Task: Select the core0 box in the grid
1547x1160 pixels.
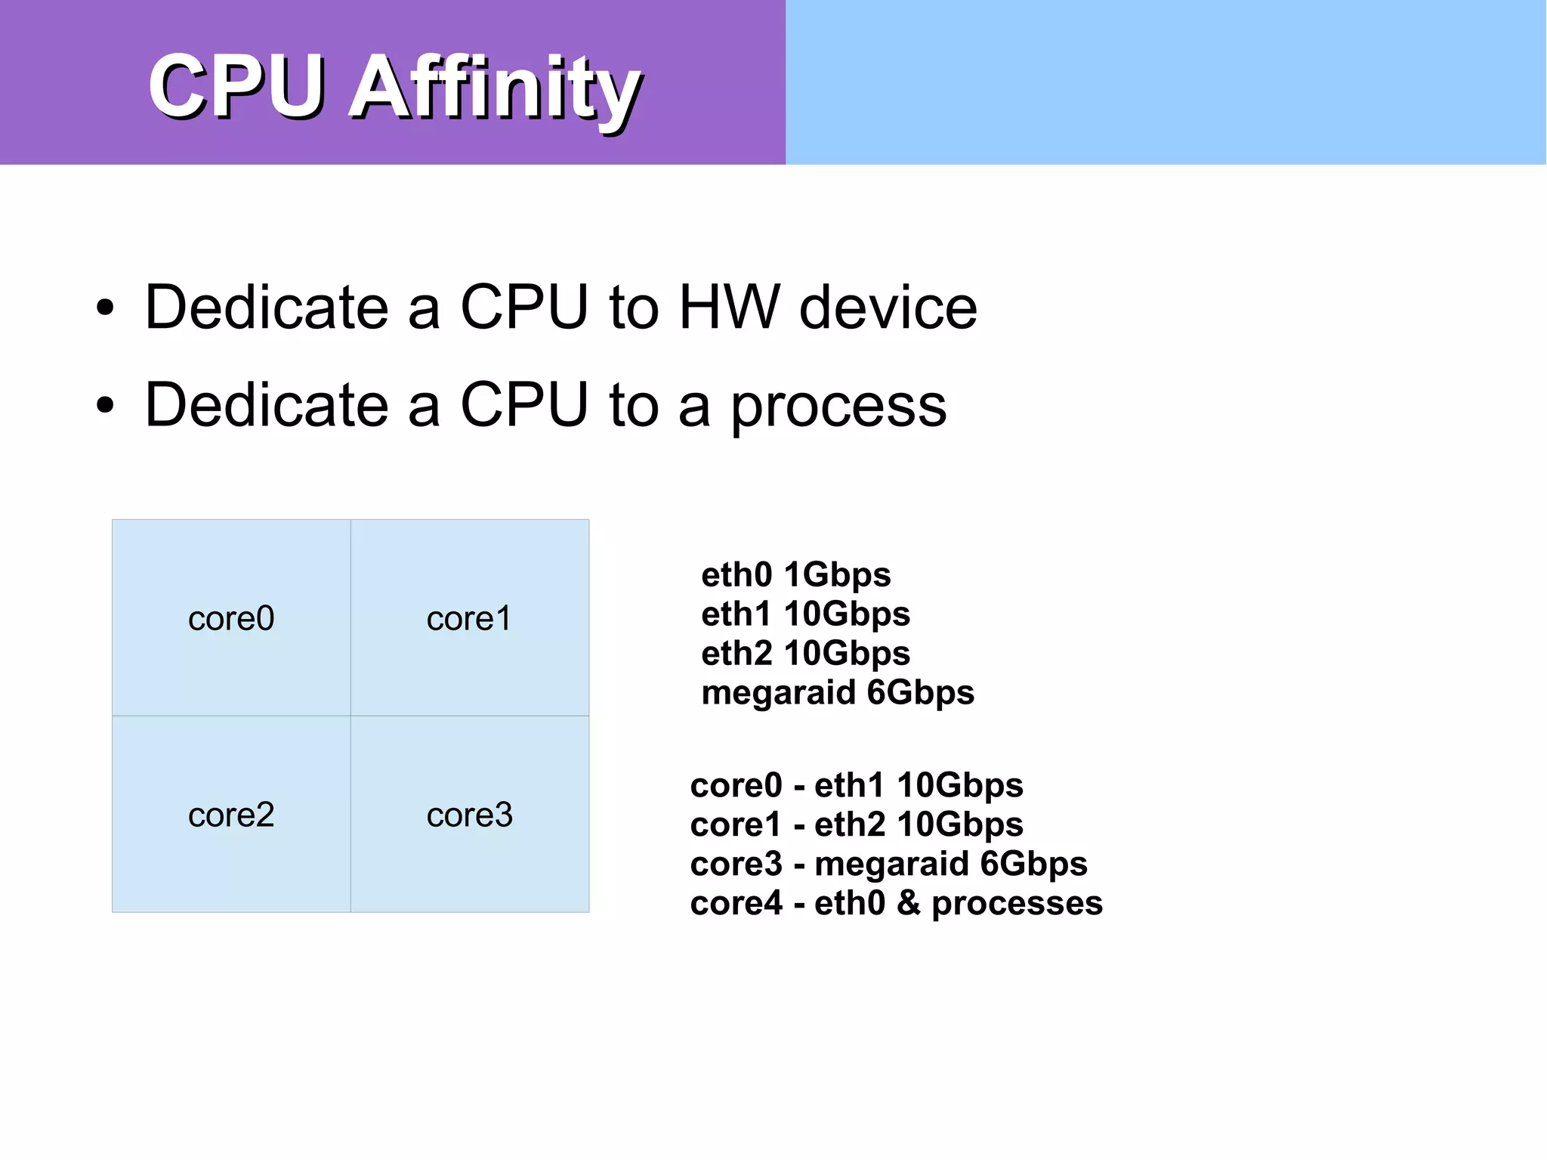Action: (231, 618)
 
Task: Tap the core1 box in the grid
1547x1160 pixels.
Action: (469, 618)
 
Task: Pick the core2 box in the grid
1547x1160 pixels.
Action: (231, 815)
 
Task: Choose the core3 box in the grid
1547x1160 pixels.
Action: (469, 815)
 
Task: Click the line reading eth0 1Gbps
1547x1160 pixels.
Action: (795, 575)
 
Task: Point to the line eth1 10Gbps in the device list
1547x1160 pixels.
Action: (805, 614)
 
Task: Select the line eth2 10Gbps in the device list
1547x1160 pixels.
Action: (805, 653)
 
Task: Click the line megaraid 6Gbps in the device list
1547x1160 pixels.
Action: (837, 692)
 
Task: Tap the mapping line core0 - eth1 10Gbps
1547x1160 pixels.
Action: (856, 785)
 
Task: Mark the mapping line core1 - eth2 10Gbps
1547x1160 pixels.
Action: (856, 824)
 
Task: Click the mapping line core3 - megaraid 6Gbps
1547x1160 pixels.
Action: (888, 864)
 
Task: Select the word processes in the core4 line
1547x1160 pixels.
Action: (1017, 904)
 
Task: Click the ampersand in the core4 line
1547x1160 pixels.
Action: (909, 903)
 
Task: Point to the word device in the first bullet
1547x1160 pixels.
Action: (888, 308)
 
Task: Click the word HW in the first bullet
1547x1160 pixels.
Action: (728, 308)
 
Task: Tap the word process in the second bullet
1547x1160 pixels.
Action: (838, 407)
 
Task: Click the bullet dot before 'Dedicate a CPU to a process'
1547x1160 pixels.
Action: (105, 405)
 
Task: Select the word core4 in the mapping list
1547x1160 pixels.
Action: (736, 903)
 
